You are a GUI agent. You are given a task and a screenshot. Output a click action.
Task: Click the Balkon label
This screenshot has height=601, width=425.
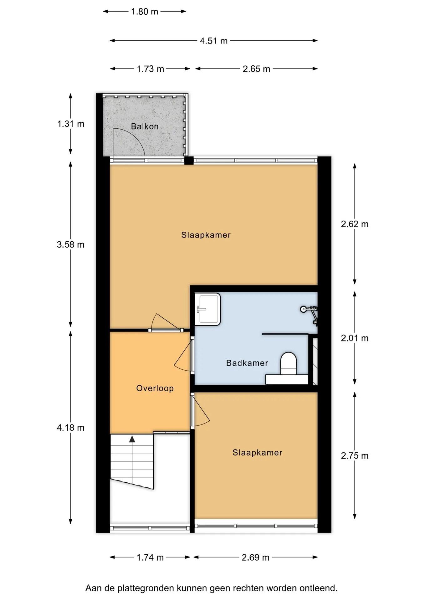145,126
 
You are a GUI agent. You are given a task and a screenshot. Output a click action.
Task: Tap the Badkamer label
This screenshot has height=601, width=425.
247,363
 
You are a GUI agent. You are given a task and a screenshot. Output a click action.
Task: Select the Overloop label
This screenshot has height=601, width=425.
155,388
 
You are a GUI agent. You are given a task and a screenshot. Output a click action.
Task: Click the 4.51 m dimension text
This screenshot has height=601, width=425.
214,41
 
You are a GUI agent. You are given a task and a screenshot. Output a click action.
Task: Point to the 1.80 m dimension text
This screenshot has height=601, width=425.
145,12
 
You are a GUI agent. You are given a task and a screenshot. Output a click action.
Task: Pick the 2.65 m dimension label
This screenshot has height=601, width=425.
256,69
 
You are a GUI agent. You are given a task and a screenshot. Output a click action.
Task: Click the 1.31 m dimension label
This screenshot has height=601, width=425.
71,124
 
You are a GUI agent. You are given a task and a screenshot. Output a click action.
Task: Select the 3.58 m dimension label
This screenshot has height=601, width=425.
71,244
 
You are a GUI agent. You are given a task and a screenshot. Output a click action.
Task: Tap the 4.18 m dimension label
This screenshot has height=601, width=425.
71,428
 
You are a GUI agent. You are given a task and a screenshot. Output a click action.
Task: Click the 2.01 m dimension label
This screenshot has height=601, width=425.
355,338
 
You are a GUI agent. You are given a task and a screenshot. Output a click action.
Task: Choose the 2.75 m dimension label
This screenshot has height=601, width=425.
355,456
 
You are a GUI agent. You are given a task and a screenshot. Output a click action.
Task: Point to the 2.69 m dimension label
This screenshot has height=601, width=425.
255,557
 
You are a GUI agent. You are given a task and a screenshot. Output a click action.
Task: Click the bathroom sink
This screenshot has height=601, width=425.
207,309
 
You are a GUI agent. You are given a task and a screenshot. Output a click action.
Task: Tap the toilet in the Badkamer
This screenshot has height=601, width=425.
288,364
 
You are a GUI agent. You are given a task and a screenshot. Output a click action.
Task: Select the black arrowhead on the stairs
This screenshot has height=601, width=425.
132,439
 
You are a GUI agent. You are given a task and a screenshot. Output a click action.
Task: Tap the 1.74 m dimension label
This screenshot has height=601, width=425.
150,557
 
